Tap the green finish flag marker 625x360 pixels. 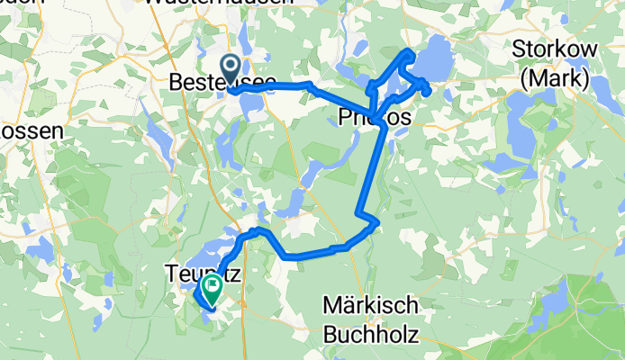click(213, 289)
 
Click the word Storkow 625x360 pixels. click(550, 49)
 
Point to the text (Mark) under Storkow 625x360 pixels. click(555, 78)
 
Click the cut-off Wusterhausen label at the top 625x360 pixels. click(218, 4)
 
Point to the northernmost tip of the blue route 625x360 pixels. click(410, 50)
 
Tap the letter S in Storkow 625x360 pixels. click(519, 49)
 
